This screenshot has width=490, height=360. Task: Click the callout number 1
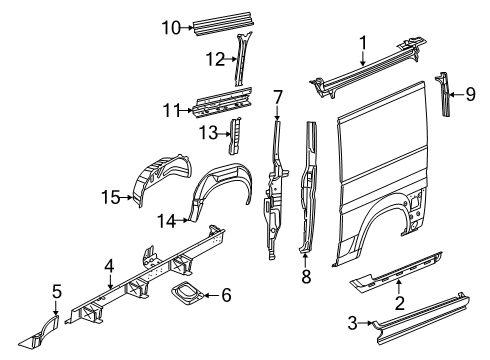[364, 42]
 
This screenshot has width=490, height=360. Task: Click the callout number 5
[57, 291]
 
